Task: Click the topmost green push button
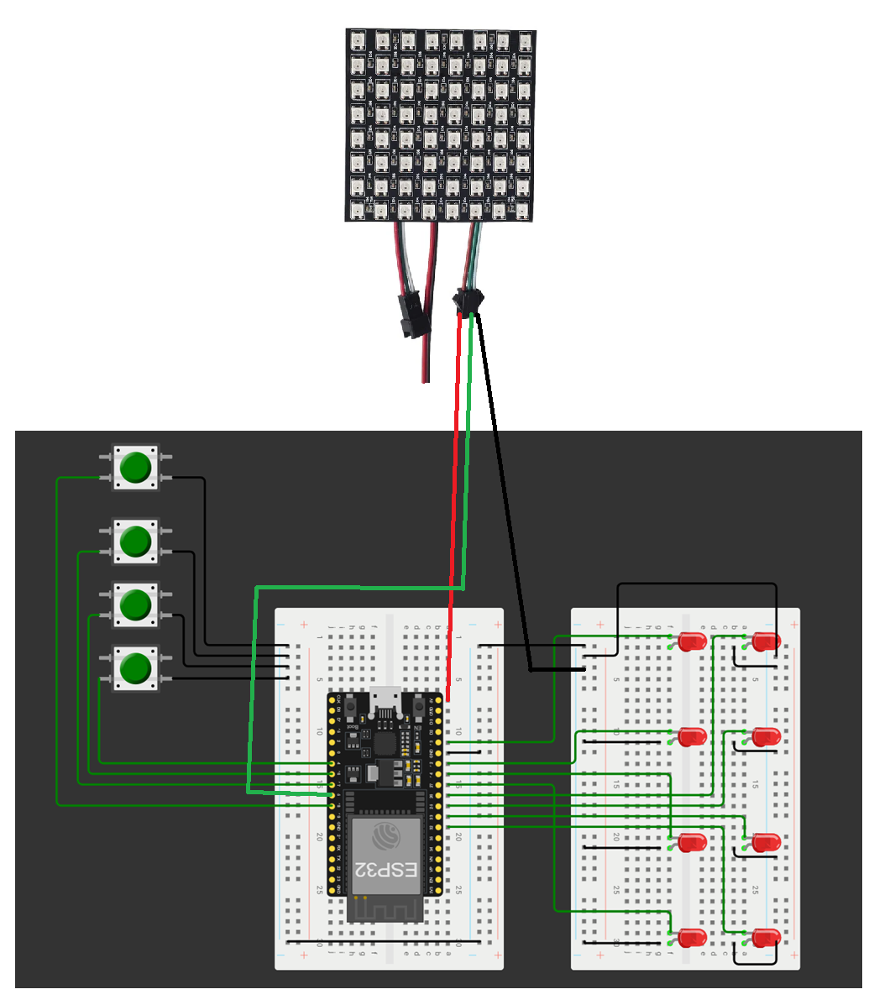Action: (x=134, y=467)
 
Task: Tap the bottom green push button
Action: (x=134, y=668)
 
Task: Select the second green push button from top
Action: (x=134, y=542)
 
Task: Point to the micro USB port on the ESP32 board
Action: (x=386, y=699)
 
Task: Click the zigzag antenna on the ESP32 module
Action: (x=385, y=908)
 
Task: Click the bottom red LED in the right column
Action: (x=766, y=938)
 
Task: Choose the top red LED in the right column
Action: (x=766, y=642)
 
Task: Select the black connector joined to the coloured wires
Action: (x=466, y=301)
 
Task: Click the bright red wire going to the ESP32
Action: (x=456, y=504)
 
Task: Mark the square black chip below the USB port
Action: (x=385, y=743)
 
